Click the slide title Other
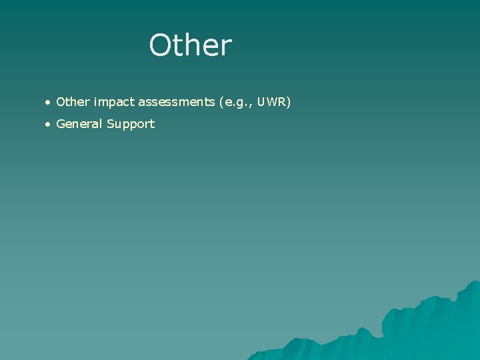[191, 45]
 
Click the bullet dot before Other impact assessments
[47, 103]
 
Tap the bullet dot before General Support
[47, 124]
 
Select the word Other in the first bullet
[73, 102]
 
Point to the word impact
[114, 103]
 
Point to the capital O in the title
[160, 45]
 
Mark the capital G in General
[61, 123]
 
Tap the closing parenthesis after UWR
[289, 103]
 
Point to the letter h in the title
[187, 45]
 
